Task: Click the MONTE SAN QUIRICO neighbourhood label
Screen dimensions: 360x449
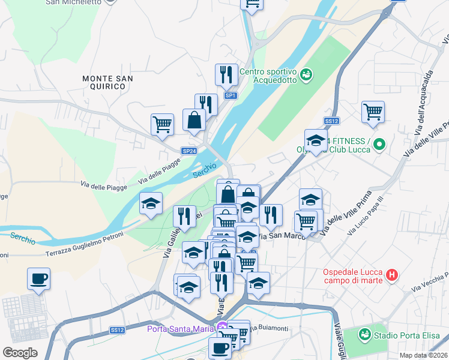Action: pos(107,82)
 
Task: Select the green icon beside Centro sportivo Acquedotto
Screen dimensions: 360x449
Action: pos(306,74)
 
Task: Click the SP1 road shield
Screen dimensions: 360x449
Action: pos(231,95)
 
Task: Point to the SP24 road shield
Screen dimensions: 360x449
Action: pos(189,151)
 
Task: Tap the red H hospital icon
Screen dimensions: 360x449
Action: pos(391,275)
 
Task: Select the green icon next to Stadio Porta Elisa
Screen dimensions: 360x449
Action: pos(364,334)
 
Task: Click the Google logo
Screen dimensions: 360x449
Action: pos(20,352)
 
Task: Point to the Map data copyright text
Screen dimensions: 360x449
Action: pos(423,355)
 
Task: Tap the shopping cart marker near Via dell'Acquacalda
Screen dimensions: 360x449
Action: pos(373,112)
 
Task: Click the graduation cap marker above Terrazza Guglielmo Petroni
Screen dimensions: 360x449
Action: pos(151,203)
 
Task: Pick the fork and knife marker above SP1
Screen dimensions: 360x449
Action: pos(226,75)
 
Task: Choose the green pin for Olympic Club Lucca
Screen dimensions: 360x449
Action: pos(379,145)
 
